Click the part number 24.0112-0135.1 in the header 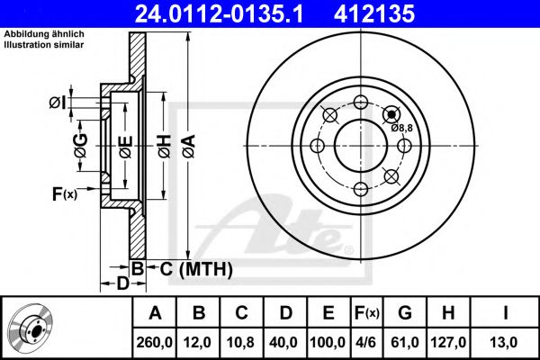(x=220, y=13)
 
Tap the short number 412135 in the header (x=374, y=13)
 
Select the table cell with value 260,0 (x=154, y=342)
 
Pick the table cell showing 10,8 (x=241, y=342)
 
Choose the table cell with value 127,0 (x=448, y=342)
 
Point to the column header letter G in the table (x=405, y=313)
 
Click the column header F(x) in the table (x=367, y=313)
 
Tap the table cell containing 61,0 (x=405, y=342)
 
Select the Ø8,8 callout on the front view (x=402, y=128)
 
